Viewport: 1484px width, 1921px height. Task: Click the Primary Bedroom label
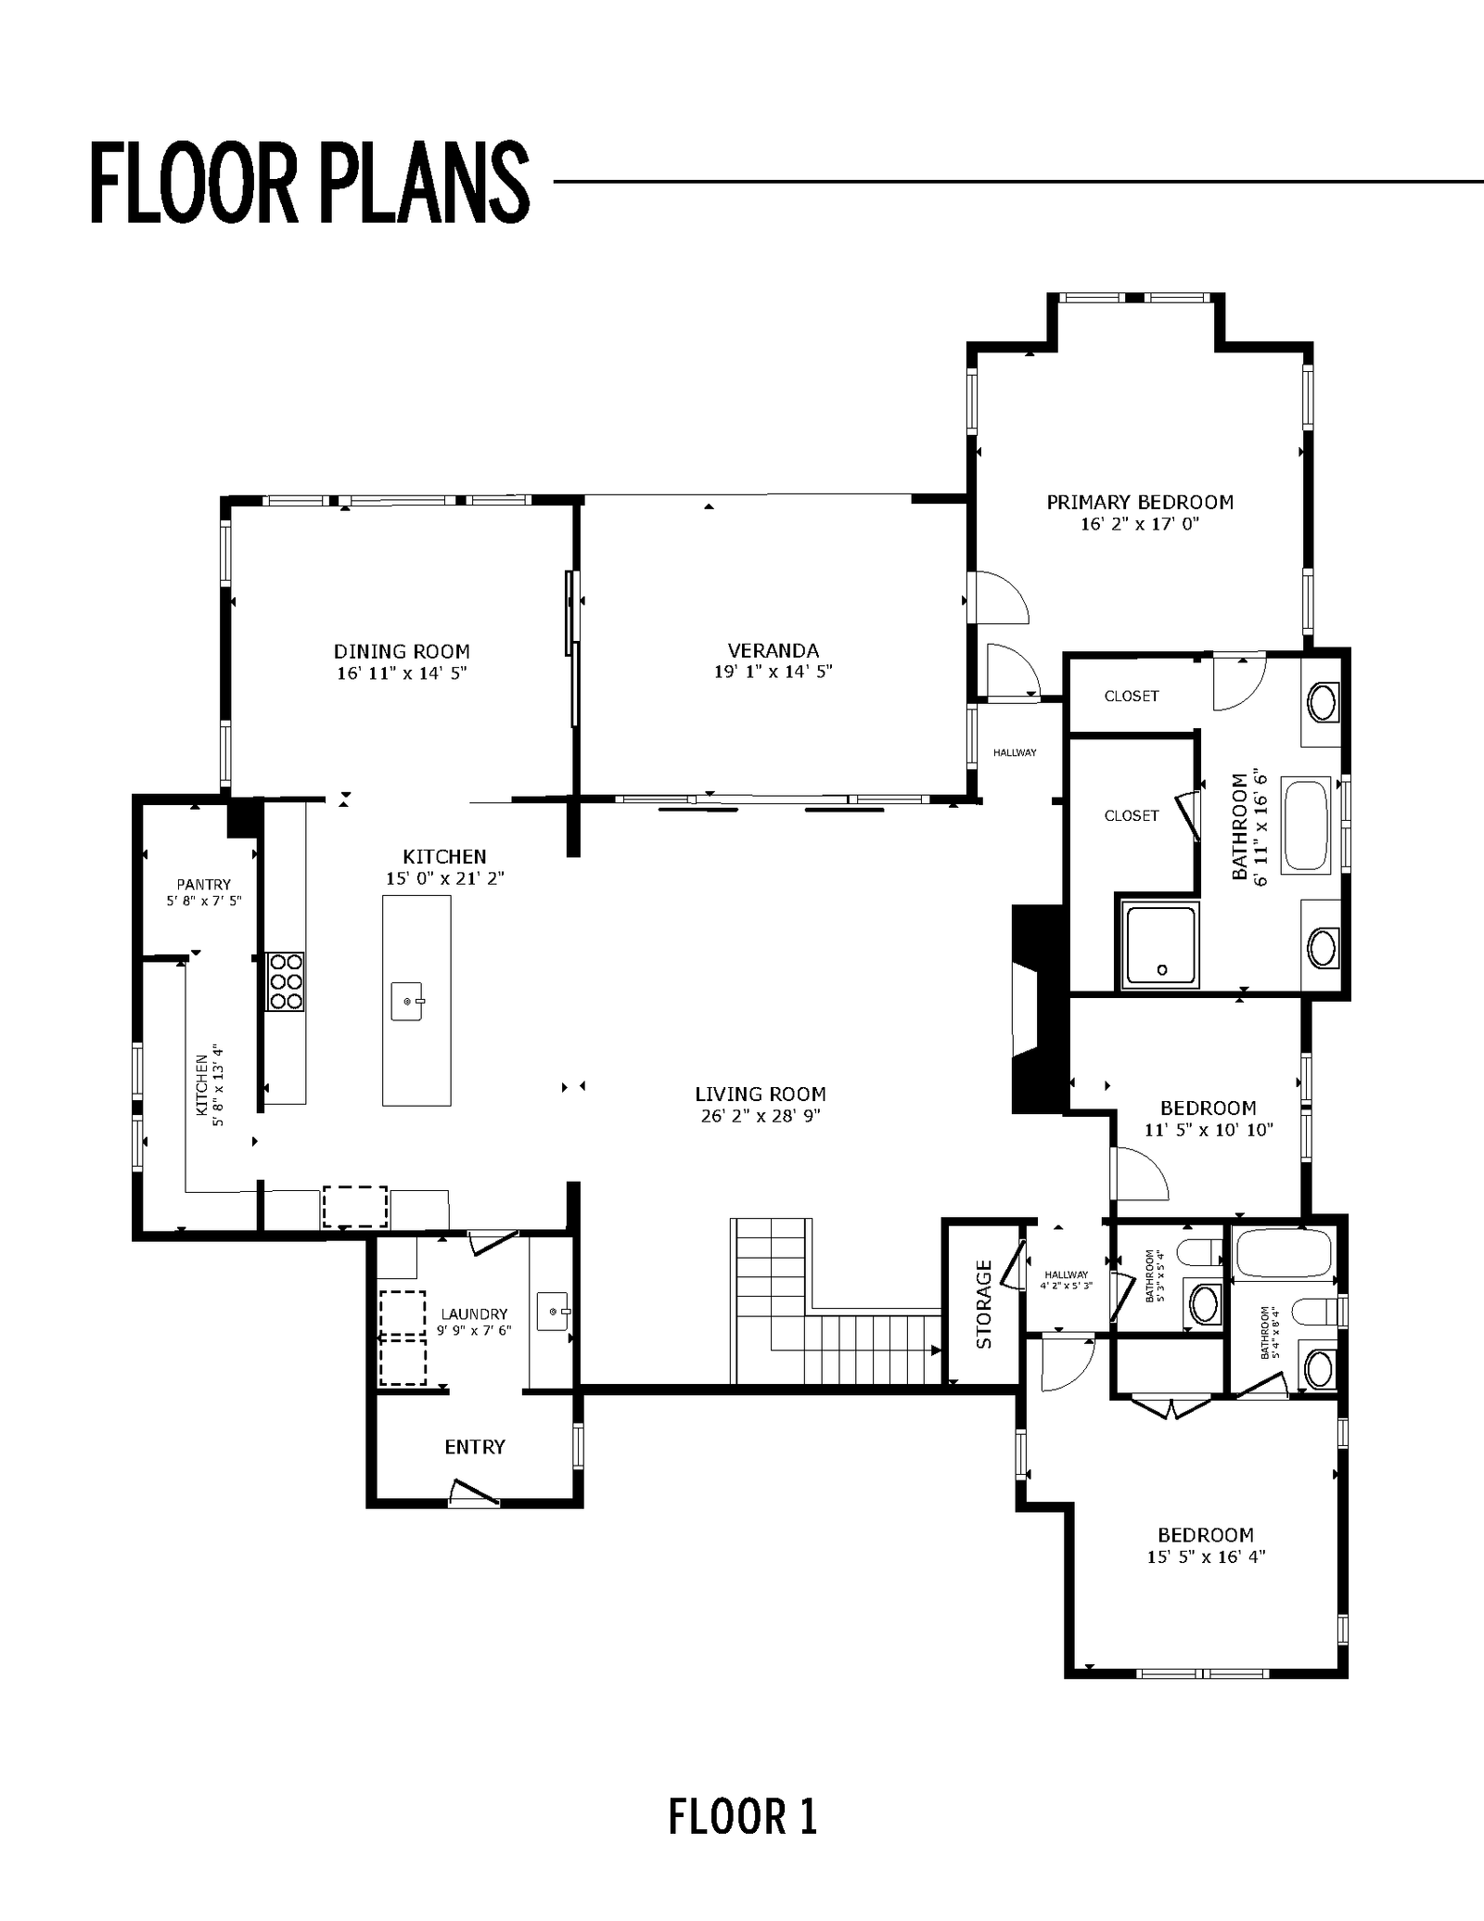(1140, 502)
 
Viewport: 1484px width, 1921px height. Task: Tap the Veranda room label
(774, 650)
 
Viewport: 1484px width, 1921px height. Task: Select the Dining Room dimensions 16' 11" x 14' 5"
(402, 673)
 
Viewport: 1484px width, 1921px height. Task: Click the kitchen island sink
(407, 1002)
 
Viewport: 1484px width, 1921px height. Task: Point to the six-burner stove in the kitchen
(286, 981)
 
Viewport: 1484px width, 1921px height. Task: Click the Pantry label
(204, 884)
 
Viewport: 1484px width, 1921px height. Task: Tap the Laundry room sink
(554, 1312)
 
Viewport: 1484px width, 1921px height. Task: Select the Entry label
(475, 1446)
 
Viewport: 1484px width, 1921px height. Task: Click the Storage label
(984, 1303)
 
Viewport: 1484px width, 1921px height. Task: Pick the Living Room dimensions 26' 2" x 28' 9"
(761, 1116)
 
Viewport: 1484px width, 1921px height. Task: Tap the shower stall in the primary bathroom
(1160, 944)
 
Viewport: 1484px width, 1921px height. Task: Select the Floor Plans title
(310, 182)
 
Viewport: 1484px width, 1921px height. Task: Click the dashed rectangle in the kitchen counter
(354, 1206)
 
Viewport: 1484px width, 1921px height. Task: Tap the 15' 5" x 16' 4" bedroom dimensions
(1206, 1556)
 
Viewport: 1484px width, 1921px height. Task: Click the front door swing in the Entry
(475, 1490)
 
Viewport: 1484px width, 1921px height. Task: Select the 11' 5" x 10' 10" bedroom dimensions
(1209, 1130)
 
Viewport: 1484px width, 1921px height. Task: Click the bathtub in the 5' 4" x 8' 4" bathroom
(1285, 1252)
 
